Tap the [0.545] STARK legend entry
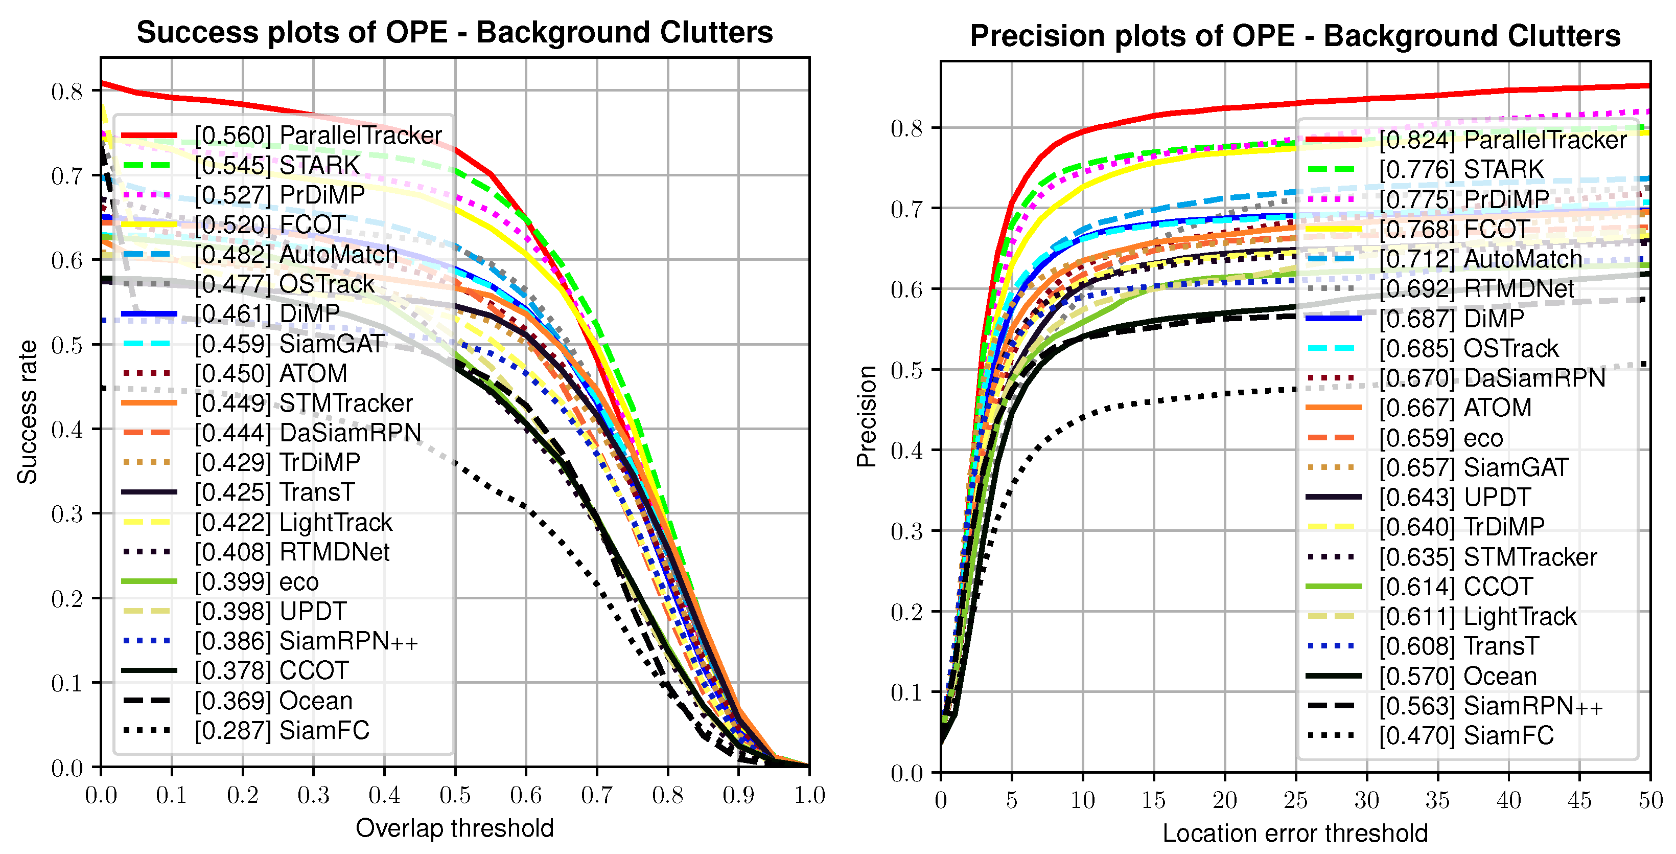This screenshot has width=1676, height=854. click(x=276, y=165)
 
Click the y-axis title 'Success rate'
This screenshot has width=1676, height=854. click(x=27, y=412)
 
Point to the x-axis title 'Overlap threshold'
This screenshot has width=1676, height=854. click(x=454, y=828)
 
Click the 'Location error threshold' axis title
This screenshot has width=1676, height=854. click(x=1295, y=833)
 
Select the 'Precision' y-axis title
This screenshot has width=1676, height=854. click(x=867, y=417)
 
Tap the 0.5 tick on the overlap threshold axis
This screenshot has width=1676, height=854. click(x=455, y=795)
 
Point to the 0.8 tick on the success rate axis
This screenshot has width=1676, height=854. click(x=67, y=91)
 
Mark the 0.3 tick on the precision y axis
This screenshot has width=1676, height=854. click(x=907, y=531)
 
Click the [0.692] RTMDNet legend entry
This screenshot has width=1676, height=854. click(x=1476, y=288)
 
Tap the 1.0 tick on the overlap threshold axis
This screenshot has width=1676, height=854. click(x=809, y=795)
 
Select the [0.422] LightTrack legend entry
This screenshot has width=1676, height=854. click(x=293, y=522)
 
